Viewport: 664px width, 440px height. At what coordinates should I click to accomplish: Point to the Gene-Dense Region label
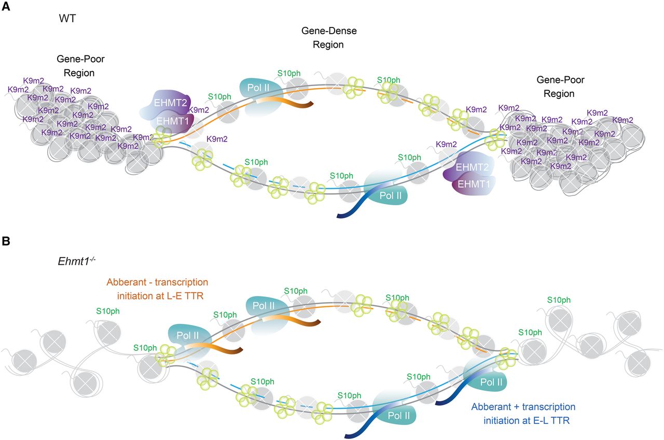point(329,38)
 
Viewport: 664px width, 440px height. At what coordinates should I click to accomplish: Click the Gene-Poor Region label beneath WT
point(75,66)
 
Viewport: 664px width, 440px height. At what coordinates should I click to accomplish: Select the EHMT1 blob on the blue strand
point(472,183)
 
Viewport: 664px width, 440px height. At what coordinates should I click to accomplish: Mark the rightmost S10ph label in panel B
point(559,300)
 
